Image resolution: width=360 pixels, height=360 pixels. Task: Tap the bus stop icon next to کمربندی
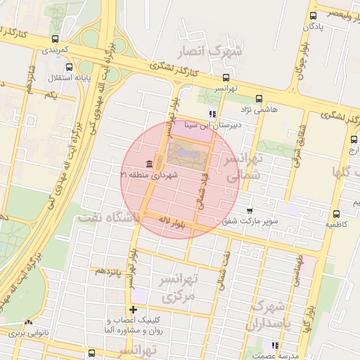pos(56,39)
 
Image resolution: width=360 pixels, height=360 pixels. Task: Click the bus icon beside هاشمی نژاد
pos(259,99)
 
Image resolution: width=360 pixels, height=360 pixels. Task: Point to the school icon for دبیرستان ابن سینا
pos(212,114)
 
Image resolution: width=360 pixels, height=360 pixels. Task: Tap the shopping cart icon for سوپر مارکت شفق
pos(250,211)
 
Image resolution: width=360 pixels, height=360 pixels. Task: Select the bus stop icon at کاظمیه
pos(336,214)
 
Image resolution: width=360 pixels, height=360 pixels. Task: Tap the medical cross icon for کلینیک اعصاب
pos(133,310)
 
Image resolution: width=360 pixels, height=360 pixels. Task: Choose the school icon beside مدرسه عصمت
pos(275,345)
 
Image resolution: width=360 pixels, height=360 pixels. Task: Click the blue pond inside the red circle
pos(186,150)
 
